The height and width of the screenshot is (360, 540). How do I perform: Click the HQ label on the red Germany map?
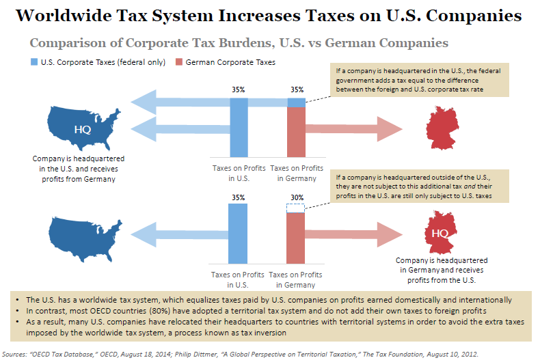[441, 234]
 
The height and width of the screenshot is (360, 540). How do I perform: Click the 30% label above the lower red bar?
[296, 198]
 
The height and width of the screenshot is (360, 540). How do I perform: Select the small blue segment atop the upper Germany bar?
[296, 102]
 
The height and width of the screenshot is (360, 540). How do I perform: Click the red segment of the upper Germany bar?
[296, 135]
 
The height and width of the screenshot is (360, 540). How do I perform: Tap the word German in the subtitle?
[340, 43]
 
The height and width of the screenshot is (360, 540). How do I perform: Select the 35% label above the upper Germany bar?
[296, 89]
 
